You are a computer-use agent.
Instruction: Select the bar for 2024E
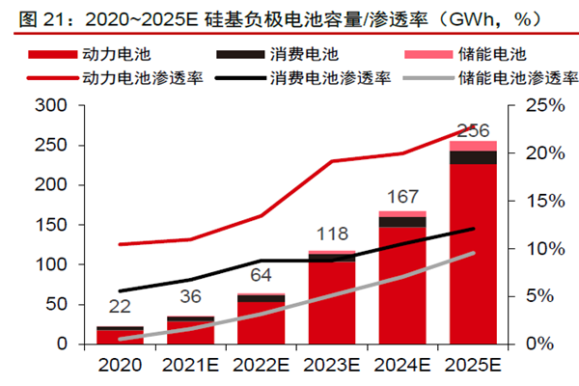401,280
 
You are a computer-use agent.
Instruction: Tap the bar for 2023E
332,299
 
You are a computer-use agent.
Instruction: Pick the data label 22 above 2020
120,308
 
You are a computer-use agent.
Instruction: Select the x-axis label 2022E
262,366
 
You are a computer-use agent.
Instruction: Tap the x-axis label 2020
120,366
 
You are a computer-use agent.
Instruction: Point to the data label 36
190,296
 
